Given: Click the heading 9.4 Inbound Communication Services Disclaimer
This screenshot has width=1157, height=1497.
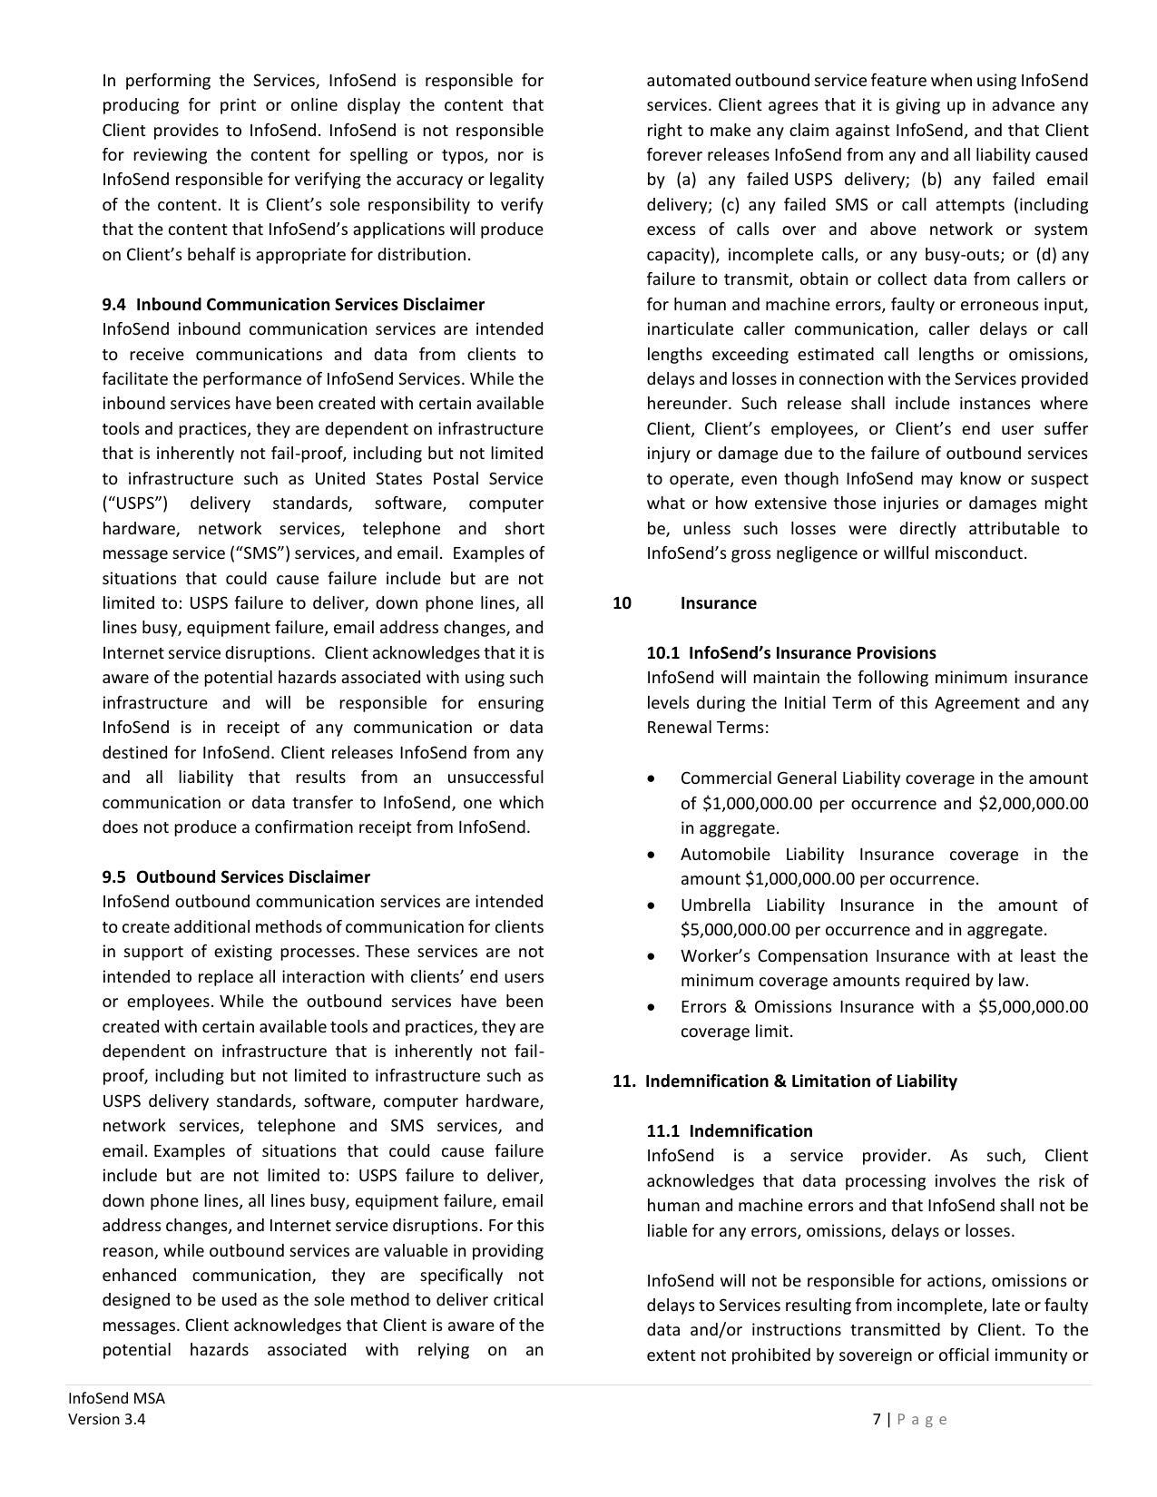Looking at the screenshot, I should click(x=293, y=305).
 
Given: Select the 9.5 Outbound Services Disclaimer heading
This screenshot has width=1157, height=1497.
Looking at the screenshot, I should click(x=236, y=877).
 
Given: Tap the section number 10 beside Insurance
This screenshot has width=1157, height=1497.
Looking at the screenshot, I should click(x=622, y=603).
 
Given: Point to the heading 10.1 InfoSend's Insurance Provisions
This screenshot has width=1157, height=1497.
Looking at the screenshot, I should click(x=791, y=653).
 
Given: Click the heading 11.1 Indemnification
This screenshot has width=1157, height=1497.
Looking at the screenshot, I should click(x=730, y=1131).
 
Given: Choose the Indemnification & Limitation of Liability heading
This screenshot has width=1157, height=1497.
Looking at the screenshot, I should click(x=800, y=1081).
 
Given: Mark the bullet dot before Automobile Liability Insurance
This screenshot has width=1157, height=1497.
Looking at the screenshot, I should click(x=652, y=856).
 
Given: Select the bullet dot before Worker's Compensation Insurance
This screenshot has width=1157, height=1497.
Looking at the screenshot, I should click(x=652, y=957).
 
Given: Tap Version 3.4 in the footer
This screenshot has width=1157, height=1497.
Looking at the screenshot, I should click(x=106, y=1420).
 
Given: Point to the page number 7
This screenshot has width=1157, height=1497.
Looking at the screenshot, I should click(x=877, y=1420).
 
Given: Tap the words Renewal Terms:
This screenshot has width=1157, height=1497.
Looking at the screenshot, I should click(x=708, y=728).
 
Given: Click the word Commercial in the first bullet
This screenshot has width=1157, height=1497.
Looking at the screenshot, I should click(x=722, y=778).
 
